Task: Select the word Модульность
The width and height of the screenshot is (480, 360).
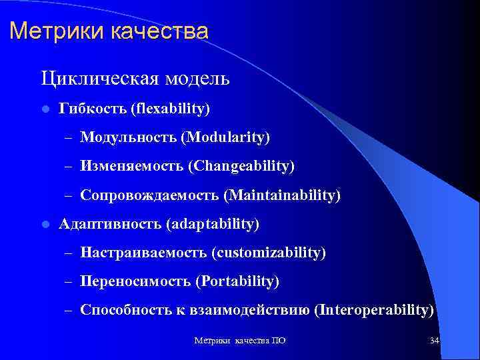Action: [x=127, y=137]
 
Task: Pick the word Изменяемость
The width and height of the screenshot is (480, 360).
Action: [x=132, y=166]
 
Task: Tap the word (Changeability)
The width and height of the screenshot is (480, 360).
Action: [x=241, y=166]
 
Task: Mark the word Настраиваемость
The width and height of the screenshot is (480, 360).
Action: [x=143, y=253]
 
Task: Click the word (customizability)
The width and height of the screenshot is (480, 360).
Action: [x=269, y=253]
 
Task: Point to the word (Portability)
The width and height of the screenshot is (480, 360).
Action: [x=237, y=282]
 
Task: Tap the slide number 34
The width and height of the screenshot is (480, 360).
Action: [x=434, y=341]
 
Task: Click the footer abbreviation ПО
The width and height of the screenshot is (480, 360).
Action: [x=279, y=341]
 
